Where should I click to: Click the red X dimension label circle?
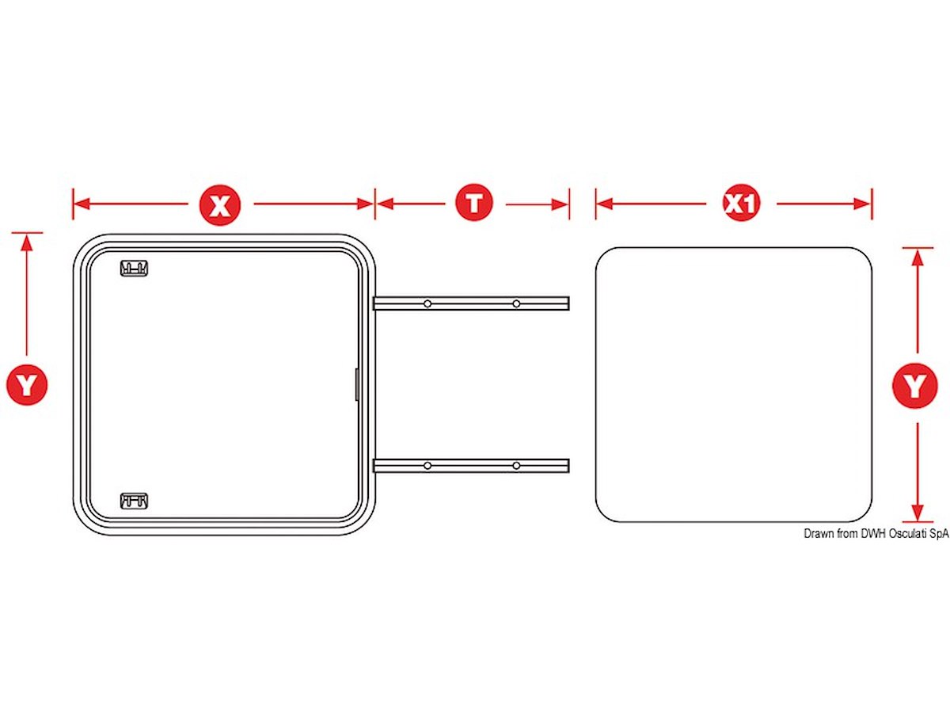220,204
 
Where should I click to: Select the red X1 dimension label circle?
741,204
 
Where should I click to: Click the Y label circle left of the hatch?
27,384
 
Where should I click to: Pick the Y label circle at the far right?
915,385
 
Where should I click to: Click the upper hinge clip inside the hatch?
134,268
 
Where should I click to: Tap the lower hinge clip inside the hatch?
134,501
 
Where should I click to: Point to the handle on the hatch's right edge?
357,384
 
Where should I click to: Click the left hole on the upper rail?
427,304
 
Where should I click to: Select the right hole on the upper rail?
516,304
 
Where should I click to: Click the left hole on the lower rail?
427,465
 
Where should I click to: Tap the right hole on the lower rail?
516,465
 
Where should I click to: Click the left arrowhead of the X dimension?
82,204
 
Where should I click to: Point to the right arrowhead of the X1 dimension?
861,204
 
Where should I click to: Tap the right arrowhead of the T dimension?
560,204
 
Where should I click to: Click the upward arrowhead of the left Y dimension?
27,243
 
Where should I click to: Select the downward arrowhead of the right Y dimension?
918,513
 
